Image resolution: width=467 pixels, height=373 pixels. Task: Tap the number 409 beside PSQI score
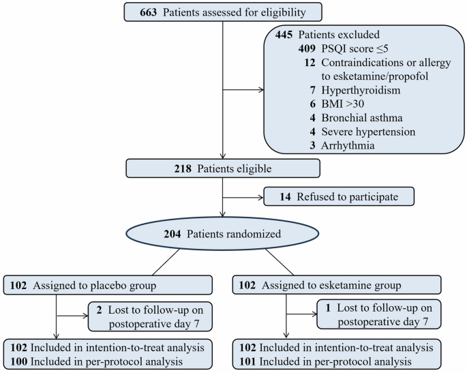[x=311, y=49]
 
